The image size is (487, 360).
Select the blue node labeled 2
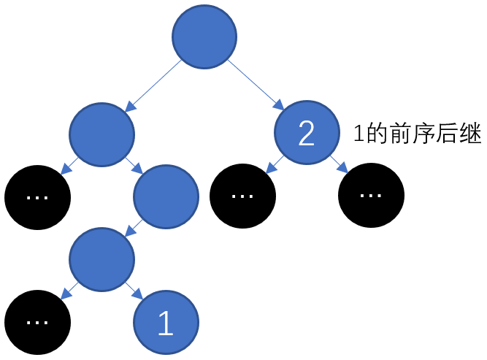pyautogui.click(x=307, y=132)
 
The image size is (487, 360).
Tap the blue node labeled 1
pyautogui.click(x=166, y=322)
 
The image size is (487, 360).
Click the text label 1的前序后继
pyautogui.click(x=417, y=134)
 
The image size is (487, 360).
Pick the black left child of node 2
pyautogui.click(x=242, y=196)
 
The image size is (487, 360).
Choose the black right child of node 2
pyautogui.click(x=372, y=196)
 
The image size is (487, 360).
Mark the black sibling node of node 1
pyautogui.click(x=37, y=322)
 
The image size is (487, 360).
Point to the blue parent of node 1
pyautogui.click(x=102, y=258)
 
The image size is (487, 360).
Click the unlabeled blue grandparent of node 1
pyautogui.click(x=166, y=196)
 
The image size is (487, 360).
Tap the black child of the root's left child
pyautogui.click(x=37, y=196)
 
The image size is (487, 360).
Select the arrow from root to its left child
pyautogui.click(x=153, y=86)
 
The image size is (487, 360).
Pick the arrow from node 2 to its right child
pyautogui.click(x=340, y=164)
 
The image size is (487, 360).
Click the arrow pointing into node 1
pyautogui.click(x=134, y=291)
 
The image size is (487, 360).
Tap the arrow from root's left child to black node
pyautogui.click(x=70, y=164)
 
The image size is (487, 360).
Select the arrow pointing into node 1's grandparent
pyautogui.click(x=134, y=164)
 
